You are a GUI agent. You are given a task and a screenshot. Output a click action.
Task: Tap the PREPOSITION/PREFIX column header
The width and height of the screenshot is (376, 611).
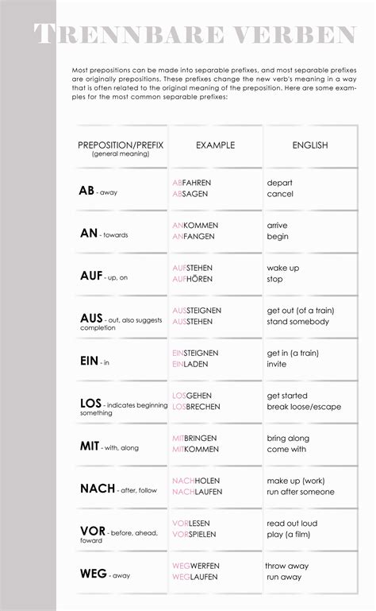point(121,145)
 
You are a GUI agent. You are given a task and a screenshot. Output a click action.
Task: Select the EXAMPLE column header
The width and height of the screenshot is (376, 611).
point(216,145)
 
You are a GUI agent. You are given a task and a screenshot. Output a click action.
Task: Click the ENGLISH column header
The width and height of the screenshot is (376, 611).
point(309,145)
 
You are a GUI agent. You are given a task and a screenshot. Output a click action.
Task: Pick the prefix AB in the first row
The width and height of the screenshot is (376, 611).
point(86,191)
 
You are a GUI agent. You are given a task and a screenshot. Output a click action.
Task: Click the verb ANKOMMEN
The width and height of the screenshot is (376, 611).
point(195,226)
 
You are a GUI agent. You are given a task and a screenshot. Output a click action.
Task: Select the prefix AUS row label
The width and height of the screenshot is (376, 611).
point(91,318)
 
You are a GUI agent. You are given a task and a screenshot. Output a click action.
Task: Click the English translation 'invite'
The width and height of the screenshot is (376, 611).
point(278,364)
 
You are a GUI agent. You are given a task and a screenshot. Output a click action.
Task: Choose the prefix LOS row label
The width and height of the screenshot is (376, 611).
point(90,404)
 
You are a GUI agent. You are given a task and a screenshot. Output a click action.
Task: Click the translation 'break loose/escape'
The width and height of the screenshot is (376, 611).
point(304,407)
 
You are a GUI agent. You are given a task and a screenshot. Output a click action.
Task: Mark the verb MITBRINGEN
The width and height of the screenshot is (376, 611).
point(197,438)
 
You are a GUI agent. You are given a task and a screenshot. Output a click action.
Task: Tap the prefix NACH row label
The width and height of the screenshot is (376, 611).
point(98,489)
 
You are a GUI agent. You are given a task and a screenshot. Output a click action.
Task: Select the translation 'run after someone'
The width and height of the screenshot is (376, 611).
point(301,492)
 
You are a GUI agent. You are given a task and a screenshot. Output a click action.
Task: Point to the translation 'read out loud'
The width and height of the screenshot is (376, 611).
point(292,524)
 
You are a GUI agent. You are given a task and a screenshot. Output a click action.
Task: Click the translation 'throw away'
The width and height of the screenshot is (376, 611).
point(286,566)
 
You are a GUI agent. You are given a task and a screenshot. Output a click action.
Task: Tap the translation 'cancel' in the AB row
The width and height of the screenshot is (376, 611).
point(280,194)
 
